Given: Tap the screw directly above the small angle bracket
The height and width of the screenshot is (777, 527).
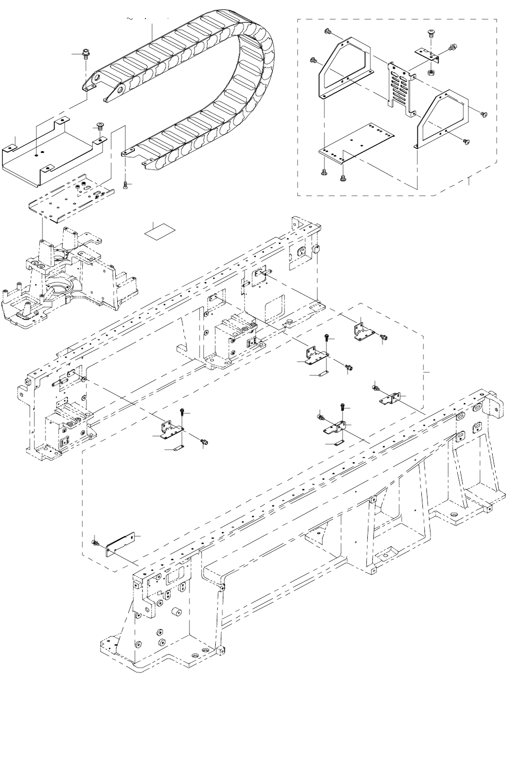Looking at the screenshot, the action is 431,34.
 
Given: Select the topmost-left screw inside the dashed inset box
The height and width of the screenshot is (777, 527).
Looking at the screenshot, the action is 327,32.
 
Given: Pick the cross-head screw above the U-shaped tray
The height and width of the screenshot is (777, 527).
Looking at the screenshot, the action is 100,125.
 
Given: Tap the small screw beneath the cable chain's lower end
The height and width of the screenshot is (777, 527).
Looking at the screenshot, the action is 125,186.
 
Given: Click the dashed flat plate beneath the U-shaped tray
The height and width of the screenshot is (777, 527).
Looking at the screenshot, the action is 71,198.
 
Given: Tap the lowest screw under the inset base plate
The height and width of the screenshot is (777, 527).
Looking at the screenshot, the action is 343,178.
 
